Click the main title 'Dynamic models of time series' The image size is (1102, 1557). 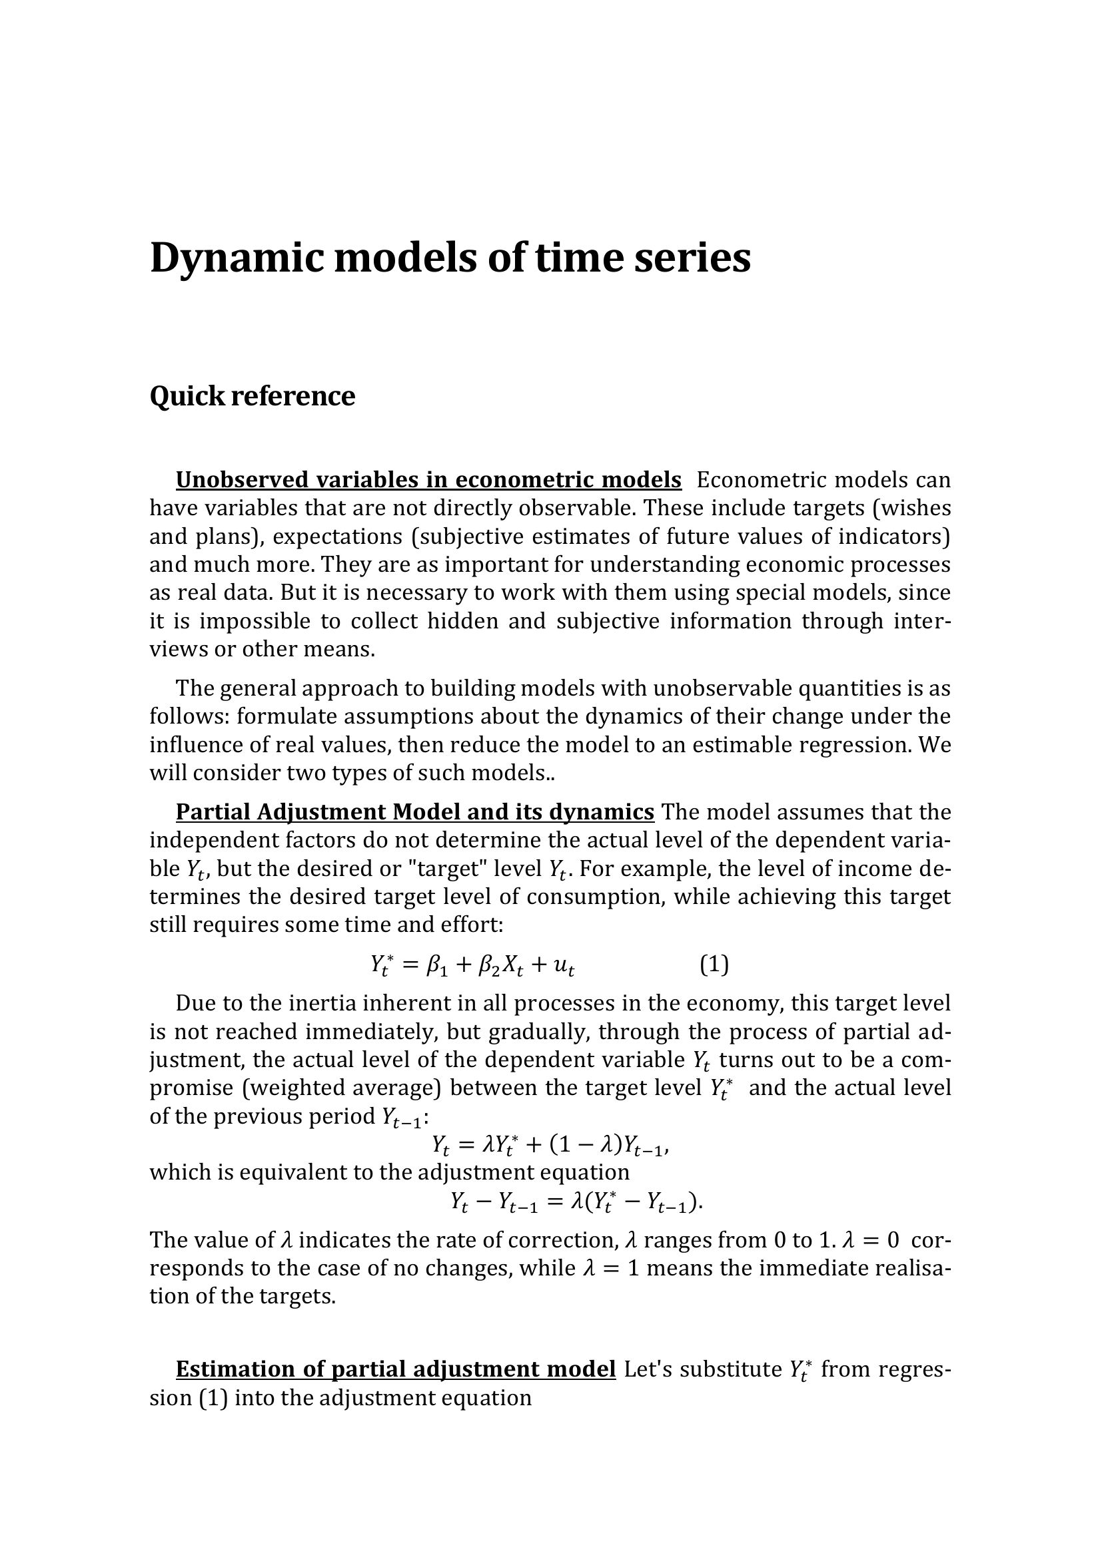point(450,258)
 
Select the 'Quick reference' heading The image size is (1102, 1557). point(252,396)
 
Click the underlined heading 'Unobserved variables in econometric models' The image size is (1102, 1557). point(428,479)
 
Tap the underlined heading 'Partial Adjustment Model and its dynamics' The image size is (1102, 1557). point(414,811)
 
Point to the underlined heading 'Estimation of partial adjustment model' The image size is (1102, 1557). point(396,1369)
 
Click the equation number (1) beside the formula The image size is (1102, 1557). point(714,964)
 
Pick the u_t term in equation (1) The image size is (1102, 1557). point(564,965)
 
